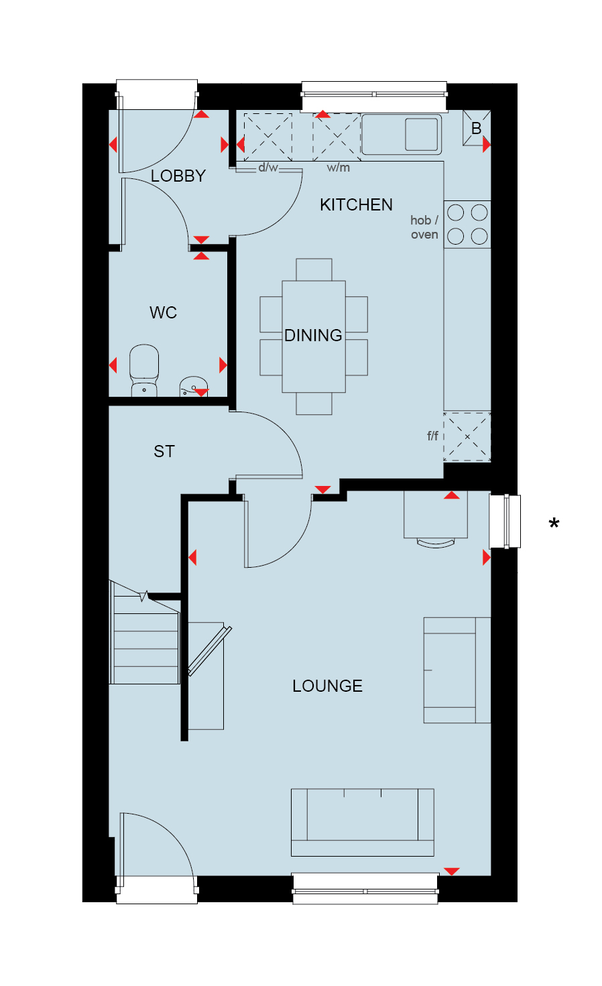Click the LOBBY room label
(x=178, y=176)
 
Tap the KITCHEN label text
(x=356, y=205)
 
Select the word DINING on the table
(x=313, y=336)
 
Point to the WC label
(x=163, y=313)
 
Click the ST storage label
(x=164, y=452)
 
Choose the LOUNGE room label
(x=327, y=686)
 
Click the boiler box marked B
(x=477, y=127)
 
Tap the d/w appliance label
(x=268, y=168)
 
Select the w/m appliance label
(x=339, y=168)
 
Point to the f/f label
(x=432, y=436)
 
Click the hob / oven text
(x=424, y=227)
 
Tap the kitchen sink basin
(x=422, y=134)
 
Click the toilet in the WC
(x=144, y=370)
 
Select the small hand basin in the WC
(x=193, y=386)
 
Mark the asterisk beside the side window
(x=554, y=523)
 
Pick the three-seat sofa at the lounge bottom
(x=363, y=822)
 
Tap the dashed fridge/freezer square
(x=467, y=436)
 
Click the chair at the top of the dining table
(x=314, y=269)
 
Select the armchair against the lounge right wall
(x=457, y=670)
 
